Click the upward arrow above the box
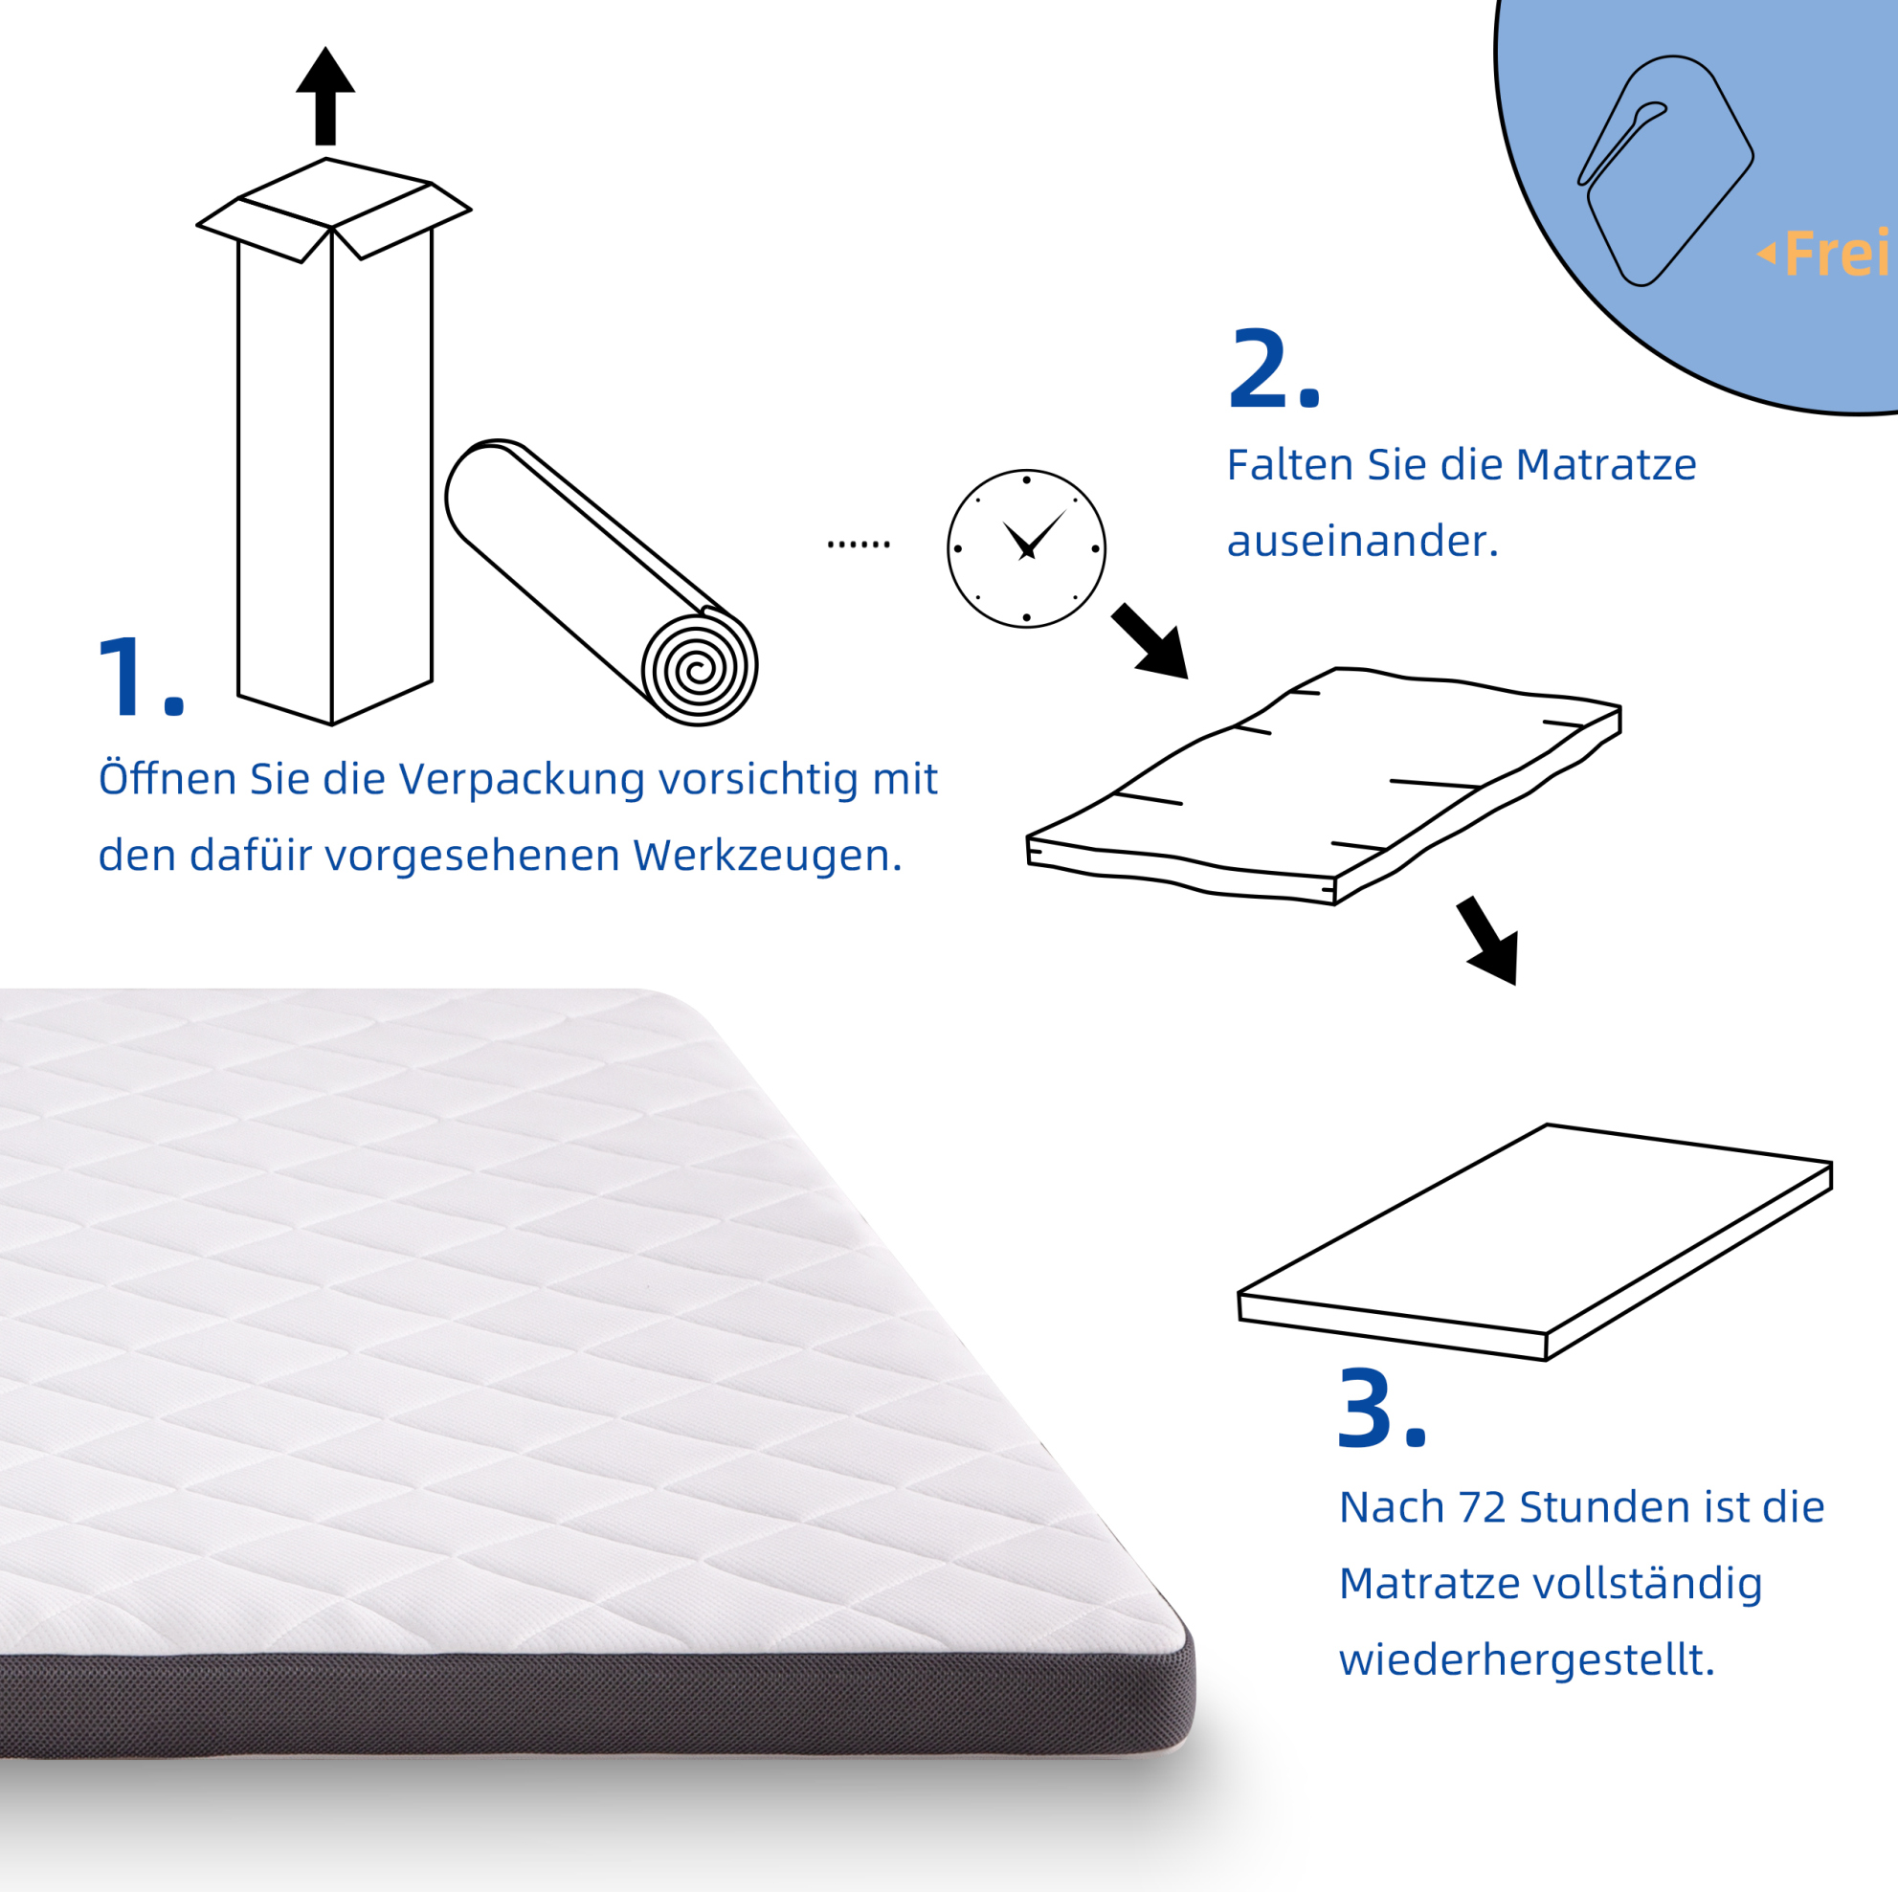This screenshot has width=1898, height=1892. (325, 97)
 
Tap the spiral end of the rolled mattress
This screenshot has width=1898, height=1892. (700, 669)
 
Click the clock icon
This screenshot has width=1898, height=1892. (1027, 548)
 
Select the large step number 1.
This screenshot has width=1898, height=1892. (142, 677)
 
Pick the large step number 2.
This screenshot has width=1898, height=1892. (1274, 368)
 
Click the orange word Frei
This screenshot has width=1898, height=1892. (1835, 254)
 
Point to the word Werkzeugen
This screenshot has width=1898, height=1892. (767, 857)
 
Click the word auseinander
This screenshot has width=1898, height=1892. (1363, 542)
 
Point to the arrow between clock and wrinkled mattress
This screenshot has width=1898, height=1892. (1150, 641)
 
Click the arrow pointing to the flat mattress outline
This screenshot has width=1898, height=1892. (1489, 940)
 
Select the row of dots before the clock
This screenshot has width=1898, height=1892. (859, 545)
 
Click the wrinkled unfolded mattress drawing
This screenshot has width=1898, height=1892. (1324, 786)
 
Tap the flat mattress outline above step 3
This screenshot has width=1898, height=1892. (1534, 1241)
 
